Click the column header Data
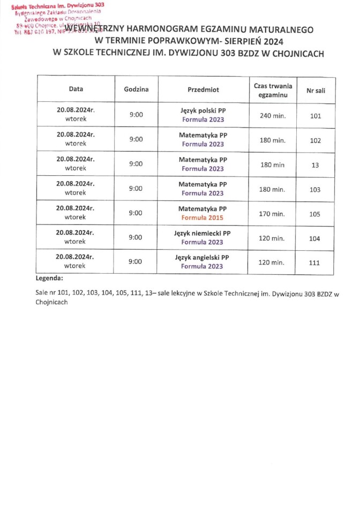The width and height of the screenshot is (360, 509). point(76,89)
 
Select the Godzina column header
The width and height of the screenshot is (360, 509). point(136,89)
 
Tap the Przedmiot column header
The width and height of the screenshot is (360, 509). point(203,89)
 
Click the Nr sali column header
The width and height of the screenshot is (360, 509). point(315,90)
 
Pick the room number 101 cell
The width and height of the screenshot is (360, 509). point(315,115)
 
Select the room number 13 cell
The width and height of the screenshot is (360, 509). point(315,165)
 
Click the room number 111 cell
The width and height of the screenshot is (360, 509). point(315,263)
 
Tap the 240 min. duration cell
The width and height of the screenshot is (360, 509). point(272,115)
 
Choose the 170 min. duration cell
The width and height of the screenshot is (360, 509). point(272,214)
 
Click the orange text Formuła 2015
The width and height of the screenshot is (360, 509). point(202,218)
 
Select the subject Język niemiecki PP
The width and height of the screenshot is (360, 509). point(202,233)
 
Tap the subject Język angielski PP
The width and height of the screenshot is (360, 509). point(202,258)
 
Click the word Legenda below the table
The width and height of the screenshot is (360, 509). point(49,279)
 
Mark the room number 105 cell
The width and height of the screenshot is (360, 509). point(315,214)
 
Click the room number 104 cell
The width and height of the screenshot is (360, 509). point(315,238)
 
